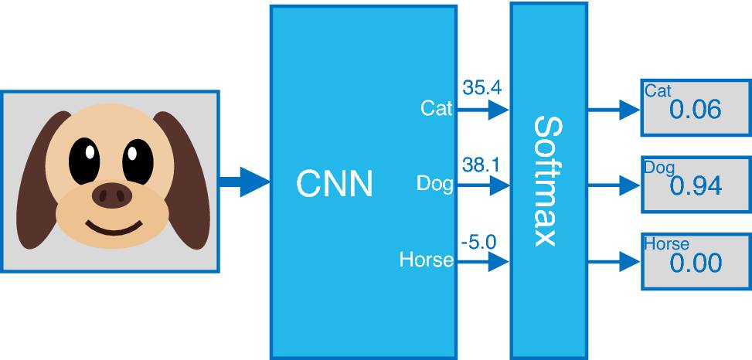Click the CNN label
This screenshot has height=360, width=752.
pos(335,184)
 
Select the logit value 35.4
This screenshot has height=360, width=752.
pos(481,88)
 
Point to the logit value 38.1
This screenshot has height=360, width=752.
pos(481,165)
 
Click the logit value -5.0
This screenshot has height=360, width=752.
pos(478,242)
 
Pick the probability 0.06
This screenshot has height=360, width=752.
pos(695,110)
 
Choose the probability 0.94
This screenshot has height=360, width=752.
pos(696,186)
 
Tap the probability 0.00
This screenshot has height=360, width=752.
pos(696,263)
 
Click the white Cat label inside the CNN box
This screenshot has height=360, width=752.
pos(437,108)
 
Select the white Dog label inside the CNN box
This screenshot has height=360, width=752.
pos(435,184)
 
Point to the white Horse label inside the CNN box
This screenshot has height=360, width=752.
pos(427,260)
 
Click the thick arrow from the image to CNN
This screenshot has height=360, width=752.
pos(244,182)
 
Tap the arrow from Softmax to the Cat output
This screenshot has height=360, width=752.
pos(614,110)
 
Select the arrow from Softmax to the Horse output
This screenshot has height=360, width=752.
pos(614,262)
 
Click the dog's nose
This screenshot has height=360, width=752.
pos(112,195)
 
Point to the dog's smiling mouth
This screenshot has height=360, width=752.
pos(114,227)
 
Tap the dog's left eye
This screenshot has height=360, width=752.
pos(84,161)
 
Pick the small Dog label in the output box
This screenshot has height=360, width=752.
pos(659,168)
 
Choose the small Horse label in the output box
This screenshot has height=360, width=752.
pos(667,244)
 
